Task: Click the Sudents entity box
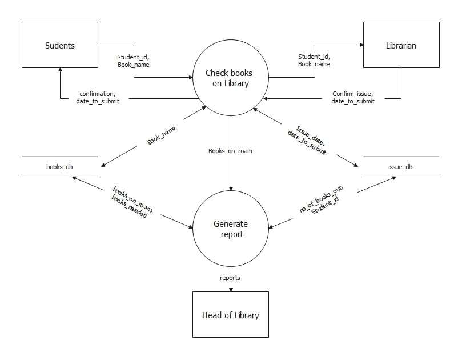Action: click(x=60, y=45)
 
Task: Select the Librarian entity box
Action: click(x=401, y=45)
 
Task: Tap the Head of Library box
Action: click(x=230, y=315)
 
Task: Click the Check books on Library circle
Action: click(x=230, y=79)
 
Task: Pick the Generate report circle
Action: click(x=230, y=229)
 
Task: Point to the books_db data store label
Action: click(x=59, y=167)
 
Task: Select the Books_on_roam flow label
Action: click(x=230, y=151)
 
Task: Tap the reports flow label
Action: click(x=230, y=278)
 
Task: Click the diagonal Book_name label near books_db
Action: click(x=162, y=135)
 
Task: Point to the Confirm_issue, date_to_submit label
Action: click(x=353, y=97)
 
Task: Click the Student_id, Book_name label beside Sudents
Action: click(x=133, y=61)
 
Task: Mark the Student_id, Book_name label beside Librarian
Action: click(x=314, y=61)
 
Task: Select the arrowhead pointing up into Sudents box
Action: click(x=60, y=71)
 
